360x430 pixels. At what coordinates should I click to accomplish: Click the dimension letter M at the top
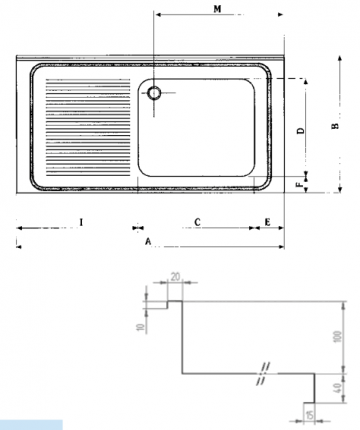pyautogui.click(x=219, y=8)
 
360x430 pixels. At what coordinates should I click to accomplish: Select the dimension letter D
pyautogui.click(x=301, y=131)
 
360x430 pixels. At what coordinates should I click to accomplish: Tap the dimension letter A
pyautogui.click(x=147, y=241)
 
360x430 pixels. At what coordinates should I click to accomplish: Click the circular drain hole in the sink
pyautogui.click(x=155, y=93)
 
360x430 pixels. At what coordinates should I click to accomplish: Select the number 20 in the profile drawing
pyautogui.click(x=175, y=275)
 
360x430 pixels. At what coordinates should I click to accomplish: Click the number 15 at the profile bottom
pyautogui.click(x=309, y=412)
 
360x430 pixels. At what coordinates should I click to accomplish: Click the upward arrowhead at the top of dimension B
pyautogui.click(x=326, y=56)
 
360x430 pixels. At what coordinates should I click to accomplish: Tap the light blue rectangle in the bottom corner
pyautogui.click(x=31, y=425)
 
